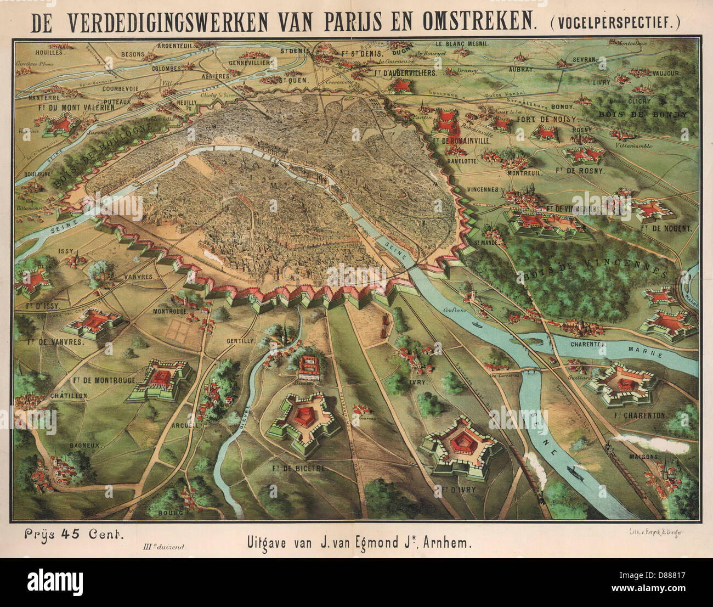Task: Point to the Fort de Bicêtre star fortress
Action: click(x=303, y=423)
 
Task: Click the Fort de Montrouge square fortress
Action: click(x=161, y=379)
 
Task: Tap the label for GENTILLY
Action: click(x=241, y=340)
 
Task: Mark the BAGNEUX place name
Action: click(x=85, y=446)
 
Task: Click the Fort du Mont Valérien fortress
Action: click(x=62, y=125)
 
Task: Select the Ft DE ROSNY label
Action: click(x=580, y=171)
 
